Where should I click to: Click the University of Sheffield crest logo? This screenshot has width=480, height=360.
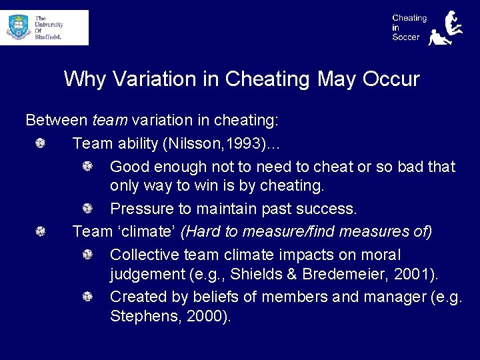click(x=18, y=27)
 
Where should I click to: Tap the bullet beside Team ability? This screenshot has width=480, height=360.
click(x=41, y=143)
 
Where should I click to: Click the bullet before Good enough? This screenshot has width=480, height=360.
click(x=87, y=166)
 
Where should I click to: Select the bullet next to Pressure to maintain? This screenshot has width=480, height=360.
click(x=87, y=209)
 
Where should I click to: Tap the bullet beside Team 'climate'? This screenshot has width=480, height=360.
click(x=41, y=231)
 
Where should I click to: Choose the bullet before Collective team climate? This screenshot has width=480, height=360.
click(x=87, y=255)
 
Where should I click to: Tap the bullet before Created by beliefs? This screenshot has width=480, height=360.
click(x=87, y=297)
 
